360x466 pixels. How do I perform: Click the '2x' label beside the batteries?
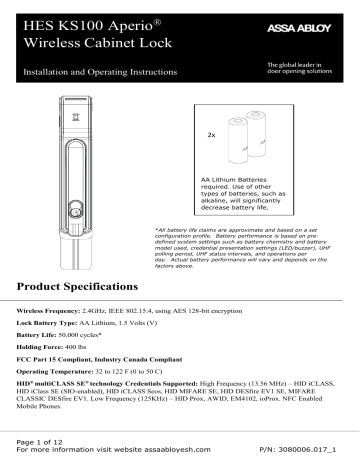click(x=211, y=132)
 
